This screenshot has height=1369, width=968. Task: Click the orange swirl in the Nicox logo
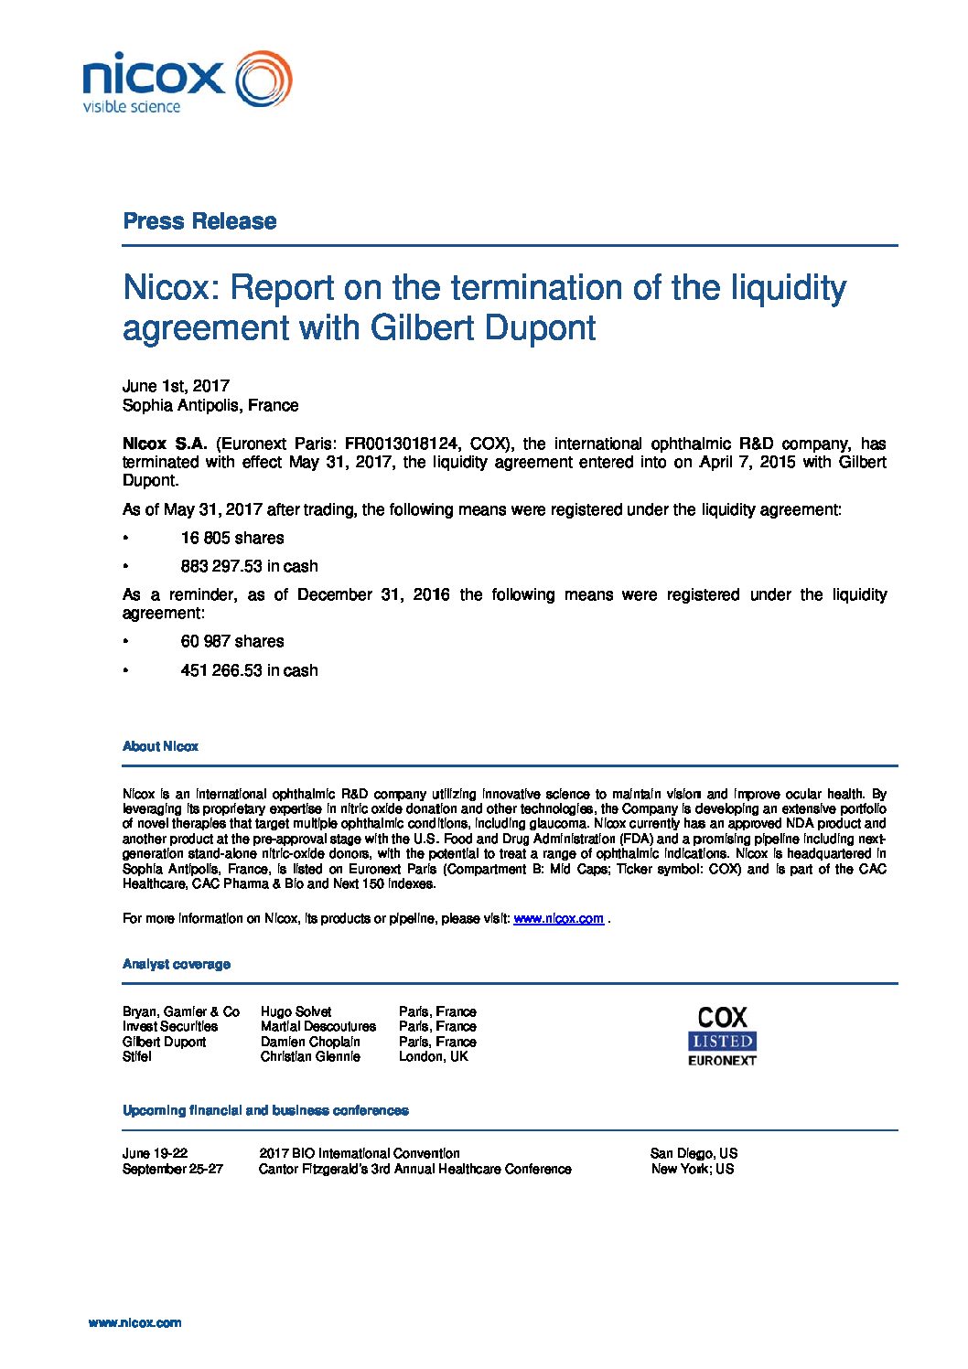[x=264, y=80]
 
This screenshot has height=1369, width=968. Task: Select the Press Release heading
[x=199, y=221]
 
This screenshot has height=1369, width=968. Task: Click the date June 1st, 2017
[x=176, y=386]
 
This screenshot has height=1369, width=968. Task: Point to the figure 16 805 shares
[x=232, y=538]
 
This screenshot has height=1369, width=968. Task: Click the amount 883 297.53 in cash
[x=249, y=566]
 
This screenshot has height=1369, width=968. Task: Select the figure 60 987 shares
[x=232, y=641]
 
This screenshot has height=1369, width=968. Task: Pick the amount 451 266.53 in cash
[x=249, y=670]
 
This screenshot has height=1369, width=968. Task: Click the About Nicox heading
[x=160, y=746]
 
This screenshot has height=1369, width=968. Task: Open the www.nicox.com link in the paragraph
[x=558, y=918]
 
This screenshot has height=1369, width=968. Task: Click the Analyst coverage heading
[x=177, y=964]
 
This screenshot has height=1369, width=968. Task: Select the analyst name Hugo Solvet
[x=296, y=1011]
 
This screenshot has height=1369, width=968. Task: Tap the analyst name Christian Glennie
[x=310, y=1056]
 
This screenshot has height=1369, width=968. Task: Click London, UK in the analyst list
[x=433, y=1056]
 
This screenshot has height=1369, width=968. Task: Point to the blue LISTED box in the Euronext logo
[x=722, y=1041]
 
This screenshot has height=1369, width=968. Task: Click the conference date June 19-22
[x=155, y=1153]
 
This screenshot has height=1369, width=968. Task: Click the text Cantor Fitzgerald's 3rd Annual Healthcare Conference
[x=415, y=1169]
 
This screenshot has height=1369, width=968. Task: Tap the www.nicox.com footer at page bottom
[x=134, y=1322]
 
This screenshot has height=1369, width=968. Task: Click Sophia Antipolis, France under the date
[x=210, y=405]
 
